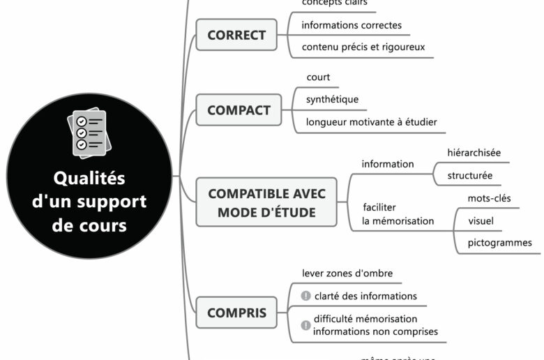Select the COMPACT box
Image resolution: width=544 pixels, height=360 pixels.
(239, 110)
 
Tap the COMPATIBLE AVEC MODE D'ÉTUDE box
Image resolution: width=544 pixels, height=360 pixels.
(266, 202)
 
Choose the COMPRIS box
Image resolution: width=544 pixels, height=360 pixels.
(236, 313)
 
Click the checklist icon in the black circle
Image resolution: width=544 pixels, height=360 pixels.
(88, 133)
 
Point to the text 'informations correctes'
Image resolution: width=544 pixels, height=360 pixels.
(352, 25)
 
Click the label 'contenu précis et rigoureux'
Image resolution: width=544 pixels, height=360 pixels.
(363, 47)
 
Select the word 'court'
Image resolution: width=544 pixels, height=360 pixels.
(318, 77)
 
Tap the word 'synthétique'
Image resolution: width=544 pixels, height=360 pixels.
(332, 100)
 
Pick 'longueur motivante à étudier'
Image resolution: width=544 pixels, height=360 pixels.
(371, 122)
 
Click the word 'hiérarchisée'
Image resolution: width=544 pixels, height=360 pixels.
(474, 152)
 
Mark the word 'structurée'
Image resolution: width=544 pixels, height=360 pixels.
(469, 175)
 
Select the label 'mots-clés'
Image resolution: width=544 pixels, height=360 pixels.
(489, 198)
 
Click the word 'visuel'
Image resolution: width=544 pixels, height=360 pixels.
(481, 220)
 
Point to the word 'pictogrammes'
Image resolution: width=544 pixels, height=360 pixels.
(499, 243)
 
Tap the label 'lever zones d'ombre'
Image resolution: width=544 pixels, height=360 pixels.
(342, 273)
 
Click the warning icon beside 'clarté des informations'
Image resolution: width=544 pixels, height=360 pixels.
(305, 296)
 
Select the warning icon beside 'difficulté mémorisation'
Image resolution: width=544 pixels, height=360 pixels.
(305, 324)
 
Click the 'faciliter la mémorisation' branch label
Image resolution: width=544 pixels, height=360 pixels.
(398, 213)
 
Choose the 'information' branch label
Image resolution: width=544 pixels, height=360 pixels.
(387, 164)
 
